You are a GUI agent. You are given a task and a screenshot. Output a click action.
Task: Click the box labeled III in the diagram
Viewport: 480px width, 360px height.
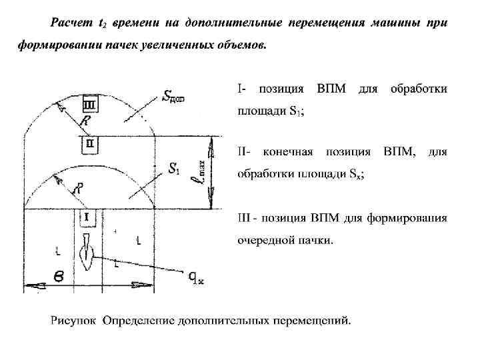(x=89, y=105)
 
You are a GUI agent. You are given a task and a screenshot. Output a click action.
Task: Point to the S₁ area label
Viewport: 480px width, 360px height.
(x=175, y=170)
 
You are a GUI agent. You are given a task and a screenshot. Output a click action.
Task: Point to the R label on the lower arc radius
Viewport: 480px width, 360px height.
(x=80, y=188)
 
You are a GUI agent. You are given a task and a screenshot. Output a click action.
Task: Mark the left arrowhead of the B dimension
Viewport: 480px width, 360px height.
(x=29, y=286)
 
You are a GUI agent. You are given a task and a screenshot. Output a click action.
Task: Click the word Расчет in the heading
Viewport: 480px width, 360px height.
(x=70, y=24)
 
